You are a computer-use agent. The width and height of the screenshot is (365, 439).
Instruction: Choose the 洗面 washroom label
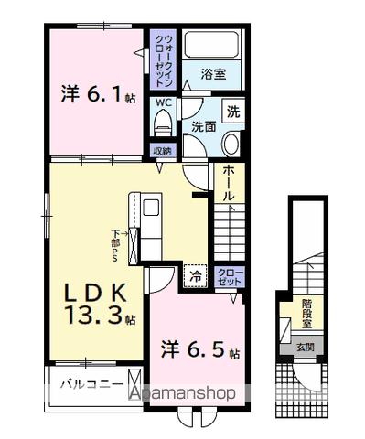coord(203,129)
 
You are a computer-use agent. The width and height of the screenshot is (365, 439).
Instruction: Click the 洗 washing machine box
coord(232,113)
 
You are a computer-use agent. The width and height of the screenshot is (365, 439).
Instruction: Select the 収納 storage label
coord(162,150)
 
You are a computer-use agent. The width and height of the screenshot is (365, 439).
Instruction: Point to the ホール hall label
coord(227,183)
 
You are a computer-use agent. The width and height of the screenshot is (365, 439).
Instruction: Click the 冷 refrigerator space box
coord(195,274)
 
